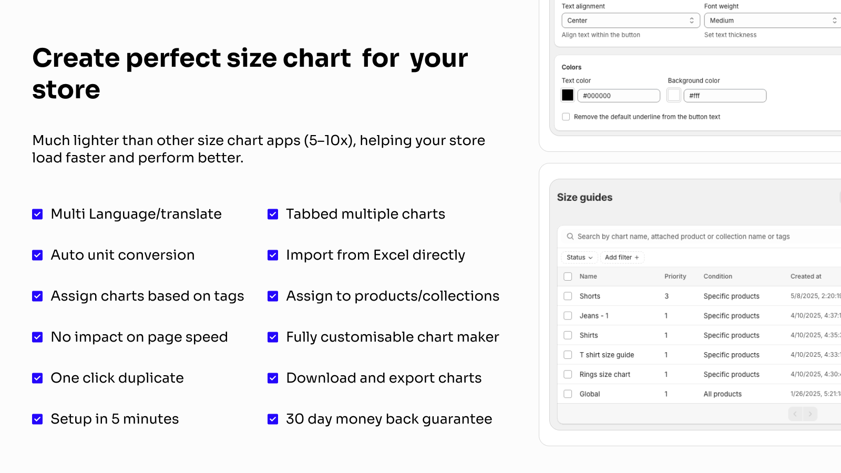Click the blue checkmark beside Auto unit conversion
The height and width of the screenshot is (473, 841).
tap(37, 255)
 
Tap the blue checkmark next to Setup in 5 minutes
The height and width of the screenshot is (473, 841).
tap(37, 419)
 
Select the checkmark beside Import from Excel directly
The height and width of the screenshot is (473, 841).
tap(273, 255)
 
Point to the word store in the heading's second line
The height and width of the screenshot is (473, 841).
tap(66, 90)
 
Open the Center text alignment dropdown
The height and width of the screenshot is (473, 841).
tap(631, 20)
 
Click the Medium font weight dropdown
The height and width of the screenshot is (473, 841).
tap(773, 20)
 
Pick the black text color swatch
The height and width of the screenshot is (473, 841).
tap(568, 95)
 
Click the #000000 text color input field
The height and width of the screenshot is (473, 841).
tap(619, 96)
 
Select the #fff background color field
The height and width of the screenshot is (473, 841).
tap(725, 96)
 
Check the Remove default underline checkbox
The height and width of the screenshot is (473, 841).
tap(566, 117)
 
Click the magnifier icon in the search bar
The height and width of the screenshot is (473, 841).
tap(570, 236)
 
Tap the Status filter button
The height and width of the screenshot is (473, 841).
tap(579, 258)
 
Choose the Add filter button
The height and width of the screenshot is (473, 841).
tap(622, 258)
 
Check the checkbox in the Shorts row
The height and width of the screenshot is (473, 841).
tap(568, 296)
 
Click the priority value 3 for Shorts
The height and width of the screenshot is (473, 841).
tap(666, 296)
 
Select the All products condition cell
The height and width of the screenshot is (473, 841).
tap(722, 394)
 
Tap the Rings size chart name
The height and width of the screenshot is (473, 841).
tap(605, 374)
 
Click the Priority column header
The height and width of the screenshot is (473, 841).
tap(675, 276)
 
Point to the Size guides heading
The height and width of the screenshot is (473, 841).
tap(584, 198)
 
